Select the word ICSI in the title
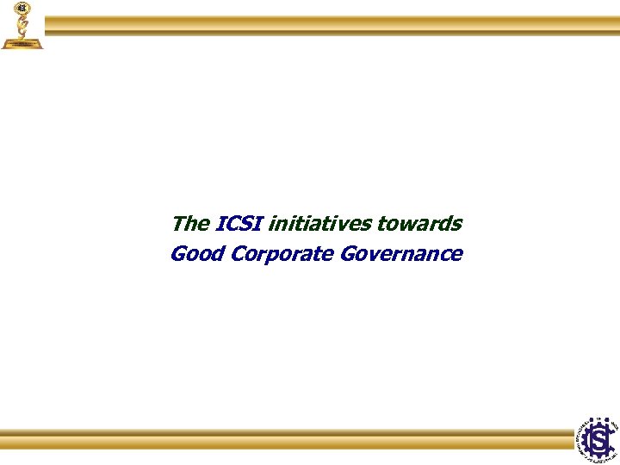point(240,224)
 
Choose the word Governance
point(401,254)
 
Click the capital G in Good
point(178,254)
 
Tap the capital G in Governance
point(348,254)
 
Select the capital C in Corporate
point(231,254)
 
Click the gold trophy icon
point(22,25)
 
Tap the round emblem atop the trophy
point(22,8)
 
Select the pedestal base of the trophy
point(22,42)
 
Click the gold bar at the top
point(332,25)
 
